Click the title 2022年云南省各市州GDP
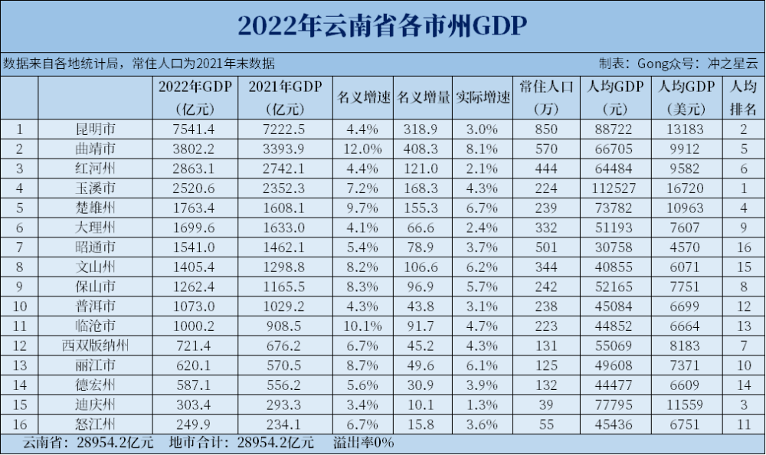tap(382, 26)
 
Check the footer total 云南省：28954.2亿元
tap(88, 444)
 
